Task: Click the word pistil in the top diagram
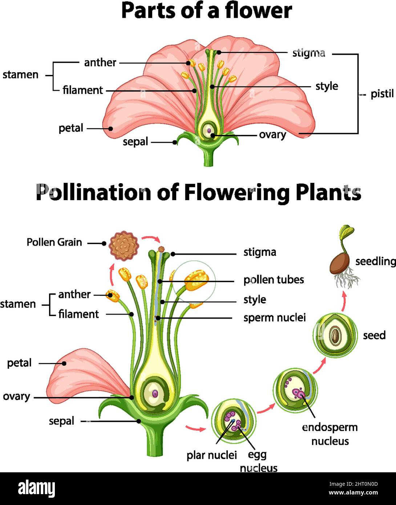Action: tap(382, 94)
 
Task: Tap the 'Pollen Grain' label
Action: tap(54, 242)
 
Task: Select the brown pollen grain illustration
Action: tap(124, 246)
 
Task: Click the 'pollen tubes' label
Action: tap(274, 280)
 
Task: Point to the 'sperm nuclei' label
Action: tap(274, 318)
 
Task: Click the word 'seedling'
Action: tap(375, 261)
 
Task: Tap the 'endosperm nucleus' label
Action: tap(330, 434)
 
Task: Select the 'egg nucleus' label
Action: tap(258, 461)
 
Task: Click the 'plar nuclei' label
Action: tap(211, 455)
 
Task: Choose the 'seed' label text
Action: tap(374, 335)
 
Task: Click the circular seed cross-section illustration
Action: tap(335, 335)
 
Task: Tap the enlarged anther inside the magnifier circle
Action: tap(196, 280)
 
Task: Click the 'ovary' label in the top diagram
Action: tap(272, 134)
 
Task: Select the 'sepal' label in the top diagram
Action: tap(135, 142)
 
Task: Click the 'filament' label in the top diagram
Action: tap(82, 90)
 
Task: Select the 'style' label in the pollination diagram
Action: tap(255, 300)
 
